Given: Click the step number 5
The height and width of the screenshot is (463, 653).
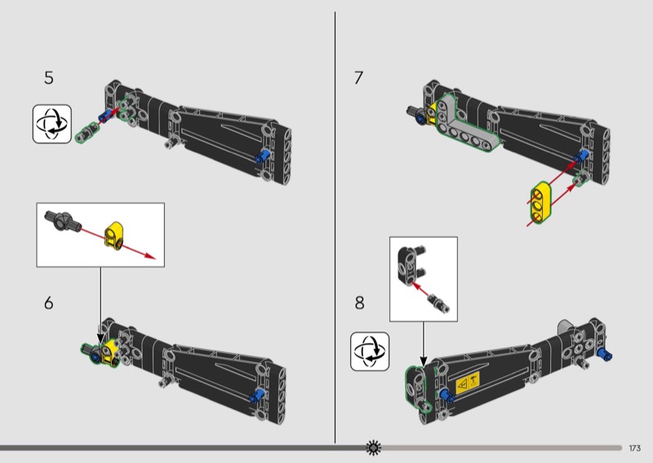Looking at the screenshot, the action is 49,77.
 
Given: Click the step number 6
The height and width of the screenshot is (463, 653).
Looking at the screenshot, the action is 49,303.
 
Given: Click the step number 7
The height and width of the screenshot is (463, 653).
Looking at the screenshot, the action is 358,77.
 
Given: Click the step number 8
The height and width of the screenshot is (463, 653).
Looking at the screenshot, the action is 359,303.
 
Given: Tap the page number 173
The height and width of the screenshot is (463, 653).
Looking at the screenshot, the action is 635,448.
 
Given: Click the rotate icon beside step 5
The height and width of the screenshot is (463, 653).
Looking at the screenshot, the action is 52,124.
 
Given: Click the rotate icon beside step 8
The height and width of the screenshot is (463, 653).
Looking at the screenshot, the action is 370,351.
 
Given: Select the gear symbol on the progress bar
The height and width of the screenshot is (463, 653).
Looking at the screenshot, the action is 373,448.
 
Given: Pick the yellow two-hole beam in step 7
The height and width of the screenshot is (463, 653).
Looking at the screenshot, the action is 540,202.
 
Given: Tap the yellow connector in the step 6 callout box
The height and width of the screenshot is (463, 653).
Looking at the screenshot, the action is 113,236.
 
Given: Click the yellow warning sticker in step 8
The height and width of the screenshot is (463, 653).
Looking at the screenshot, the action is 468,383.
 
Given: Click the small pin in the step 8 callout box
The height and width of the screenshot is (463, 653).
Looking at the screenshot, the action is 439,302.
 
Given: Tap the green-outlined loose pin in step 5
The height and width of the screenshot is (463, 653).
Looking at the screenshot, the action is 87,132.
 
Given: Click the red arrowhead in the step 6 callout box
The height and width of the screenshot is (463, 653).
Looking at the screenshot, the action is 150,256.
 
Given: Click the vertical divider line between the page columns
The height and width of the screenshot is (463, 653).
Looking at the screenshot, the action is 335,227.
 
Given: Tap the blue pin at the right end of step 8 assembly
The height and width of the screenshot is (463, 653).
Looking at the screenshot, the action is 605,355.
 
